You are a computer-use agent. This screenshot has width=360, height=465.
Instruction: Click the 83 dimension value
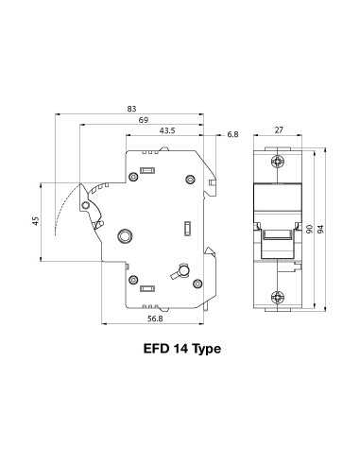click(130, 110)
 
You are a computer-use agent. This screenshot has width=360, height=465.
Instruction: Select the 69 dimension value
click(143, 120)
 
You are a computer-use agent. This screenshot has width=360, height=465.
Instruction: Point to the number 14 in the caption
click(178, 350)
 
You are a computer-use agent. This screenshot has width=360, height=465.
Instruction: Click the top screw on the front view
click(277, 163)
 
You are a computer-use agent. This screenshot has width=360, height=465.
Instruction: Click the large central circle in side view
click(126, 235)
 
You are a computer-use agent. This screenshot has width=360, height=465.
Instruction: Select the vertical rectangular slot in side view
click(187, 227)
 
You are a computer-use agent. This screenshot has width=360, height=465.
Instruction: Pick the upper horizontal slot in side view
click(147, 171)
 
